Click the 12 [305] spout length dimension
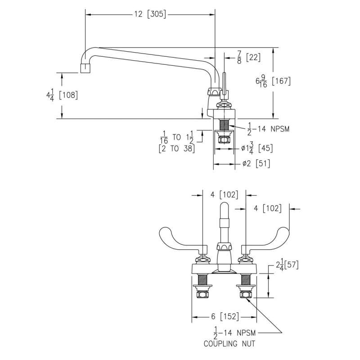point(150,14)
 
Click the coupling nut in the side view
point(223,139)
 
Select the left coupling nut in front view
point(201,295)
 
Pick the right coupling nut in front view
point(246,295)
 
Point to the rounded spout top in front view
point(224,208)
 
